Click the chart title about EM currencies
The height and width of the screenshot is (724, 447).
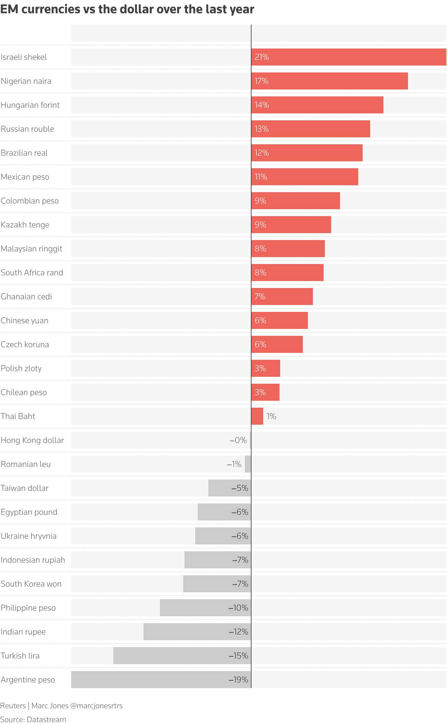pos(127,9)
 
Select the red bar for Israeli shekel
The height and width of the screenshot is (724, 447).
pos(349,57)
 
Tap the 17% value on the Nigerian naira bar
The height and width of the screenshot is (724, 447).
pos(261,81)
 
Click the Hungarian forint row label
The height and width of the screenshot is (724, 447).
pos(30,105)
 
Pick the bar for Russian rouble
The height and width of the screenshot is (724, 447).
pos(311,129)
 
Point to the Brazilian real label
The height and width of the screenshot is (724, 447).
pos(24,153)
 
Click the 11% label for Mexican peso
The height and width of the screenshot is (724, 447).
pos(261,177)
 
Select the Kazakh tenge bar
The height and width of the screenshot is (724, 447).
pos(291,225)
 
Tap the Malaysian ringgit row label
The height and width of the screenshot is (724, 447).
pos(32,249)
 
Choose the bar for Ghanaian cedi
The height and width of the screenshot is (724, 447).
pos(282,297)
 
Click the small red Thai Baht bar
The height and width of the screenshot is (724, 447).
pos(257,416)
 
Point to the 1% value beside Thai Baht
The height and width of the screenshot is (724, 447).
pos(271,416)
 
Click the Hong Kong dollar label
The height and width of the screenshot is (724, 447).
pos(32,440)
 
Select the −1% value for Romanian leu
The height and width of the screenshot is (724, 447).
pos(234,464)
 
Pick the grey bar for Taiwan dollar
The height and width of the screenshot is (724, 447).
pos(230,488)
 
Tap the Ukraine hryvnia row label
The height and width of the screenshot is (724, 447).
pos(29,536)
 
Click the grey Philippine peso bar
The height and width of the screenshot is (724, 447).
pos(206,608)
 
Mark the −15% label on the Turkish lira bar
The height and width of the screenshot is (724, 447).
pos(238,656)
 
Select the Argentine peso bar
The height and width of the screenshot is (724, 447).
pos(161,680)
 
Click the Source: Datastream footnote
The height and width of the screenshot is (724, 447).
pos(33,719)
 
